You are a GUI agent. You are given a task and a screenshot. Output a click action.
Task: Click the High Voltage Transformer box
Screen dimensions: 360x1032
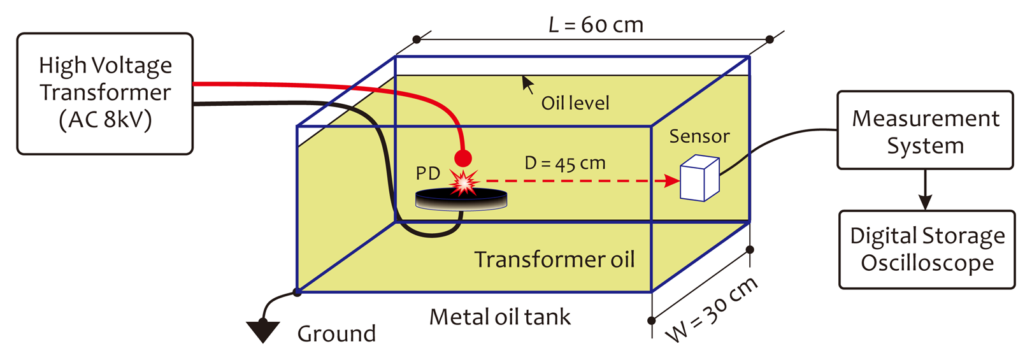click(105, 94)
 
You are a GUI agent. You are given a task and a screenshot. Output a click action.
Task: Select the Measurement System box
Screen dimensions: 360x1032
click(925, 131)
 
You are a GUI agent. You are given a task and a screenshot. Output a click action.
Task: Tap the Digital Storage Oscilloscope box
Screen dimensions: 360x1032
click(927, 249)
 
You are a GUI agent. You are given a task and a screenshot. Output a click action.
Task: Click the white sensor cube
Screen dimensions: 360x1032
click(699, 180)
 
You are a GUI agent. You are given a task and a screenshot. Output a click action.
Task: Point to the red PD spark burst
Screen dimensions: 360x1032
click(464, 182)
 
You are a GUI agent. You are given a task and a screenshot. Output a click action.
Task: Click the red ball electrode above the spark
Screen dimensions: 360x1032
click(462, 158)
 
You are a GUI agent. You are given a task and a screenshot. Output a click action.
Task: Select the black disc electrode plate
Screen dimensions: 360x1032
click(461, 199)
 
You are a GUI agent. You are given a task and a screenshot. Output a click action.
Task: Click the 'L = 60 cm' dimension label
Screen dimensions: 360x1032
click(596, 25)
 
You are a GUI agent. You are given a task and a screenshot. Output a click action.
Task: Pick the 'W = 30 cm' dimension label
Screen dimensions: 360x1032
click(712, 310)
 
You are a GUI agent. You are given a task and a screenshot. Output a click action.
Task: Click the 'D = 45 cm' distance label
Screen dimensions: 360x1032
click(565, 163)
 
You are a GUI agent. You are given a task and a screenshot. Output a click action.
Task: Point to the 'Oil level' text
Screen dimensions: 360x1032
click(575, 103)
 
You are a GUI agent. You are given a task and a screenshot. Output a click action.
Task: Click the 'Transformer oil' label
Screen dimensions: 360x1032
click(554, 259)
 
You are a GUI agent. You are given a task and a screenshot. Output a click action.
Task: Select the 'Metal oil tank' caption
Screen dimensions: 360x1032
click(500, 317)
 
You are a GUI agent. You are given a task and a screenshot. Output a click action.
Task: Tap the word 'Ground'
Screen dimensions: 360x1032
click(336, 333)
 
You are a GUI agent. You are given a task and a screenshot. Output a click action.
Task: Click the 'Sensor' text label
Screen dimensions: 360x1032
click(699, 136)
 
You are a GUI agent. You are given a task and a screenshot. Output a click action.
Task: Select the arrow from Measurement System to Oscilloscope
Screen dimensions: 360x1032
click(925, 191)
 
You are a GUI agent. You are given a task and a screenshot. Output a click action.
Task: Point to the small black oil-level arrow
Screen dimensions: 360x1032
click(527, 84)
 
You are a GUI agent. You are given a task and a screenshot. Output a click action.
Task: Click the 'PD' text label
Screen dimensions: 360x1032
click(428, 173)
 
